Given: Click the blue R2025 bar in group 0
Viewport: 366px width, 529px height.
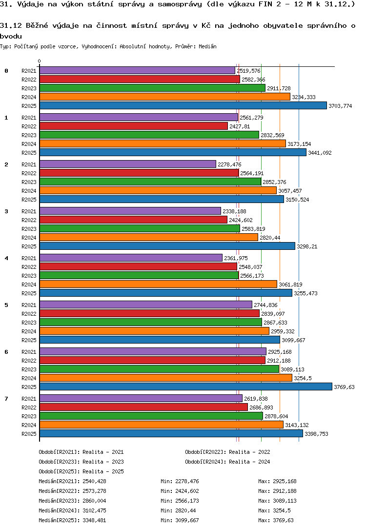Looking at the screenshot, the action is pyautogui.click(x=183, y=105).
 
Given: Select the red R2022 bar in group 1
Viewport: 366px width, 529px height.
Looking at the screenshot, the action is pyautogui.click(x=134, y=126).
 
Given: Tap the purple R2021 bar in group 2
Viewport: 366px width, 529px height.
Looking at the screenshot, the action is pyautogui.click(x=128, y=164).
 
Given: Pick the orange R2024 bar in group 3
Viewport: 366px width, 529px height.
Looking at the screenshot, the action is pyautogui.click(x=149, y=238).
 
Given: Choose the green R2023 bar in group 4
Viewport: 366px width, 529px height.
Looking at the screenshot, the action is pyautogui.click(x=139, y=276).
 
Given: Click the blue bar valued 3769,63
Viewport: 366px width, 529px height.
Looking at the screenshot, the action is pyautogui.click(x=186, y=387).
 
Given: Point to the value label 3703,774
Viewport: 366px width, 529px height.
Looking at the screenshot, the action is pyautogui.click(x=340, y=106).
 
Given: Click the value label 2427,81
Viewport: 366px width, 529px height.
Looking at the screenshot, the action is pyautogui.click(x=240, y=126).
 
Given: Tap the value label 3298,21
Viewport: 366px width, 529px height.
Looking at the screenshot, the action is pyautogui.click(x=307, y=246).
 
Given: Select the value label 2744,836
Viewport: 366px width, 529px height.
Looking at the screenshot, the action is pyautogui.click(x=266, y=305).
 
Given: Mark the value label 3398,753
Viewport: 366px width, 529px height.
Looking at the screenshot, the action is pyautogui.click(x=316, y=434).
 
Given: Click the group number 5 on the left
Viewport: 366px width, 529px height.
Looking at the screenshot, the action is pyautogui.click(x=6, y=305).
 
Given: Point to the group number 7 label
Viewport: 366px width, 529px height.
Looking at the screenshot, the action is pyautogui.click(x=6, y=399).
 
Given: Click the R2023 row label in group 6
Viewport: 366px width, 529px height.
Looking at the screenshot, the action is pyautogui.click(x=29, y=369).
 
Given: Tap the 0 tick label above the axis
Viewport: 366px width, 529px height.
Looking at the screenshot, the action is pyautogui.click(x=40, y=61).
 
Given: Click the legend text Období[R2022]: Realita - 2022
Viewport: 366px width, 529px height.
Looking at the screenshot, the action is pyautogui.click(x=228, y=452).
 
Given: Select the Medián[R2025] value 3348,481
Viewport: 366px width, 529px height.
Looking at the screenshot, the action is pyautogui.click(x=95, y=520).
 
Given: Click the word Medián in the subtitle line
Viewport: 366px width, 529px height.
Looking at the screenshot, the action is pyautogui.click(x=207, y=46).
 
